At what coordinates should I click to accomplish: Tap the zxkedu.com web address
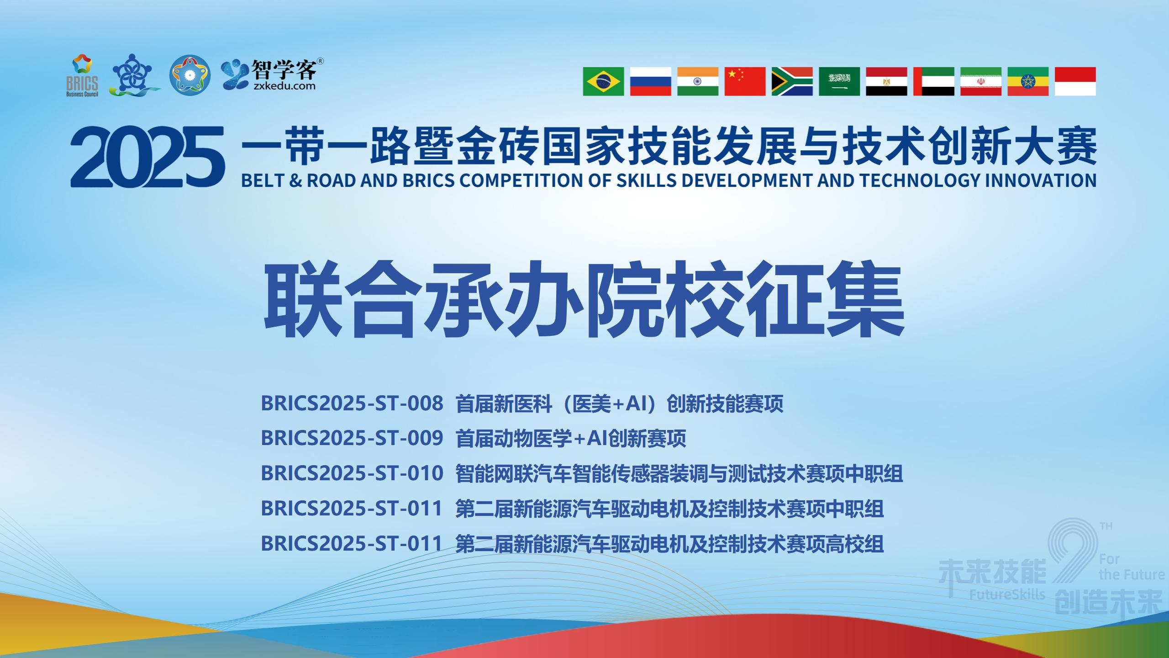click(x=284, y=85)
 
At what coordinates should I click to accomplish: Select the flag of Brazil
click(x=603, y=81)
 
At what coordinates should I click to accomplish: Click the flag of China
click(x=745, y=81)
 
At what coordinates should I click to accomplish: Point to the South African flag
click(x=792, y=81)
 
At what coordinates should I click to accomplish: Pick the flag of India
click(x=698, y=81)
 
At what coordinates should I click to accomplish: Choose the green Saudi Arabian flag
click(x=839, y=81)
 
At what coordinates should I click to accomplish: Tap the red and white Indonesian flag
click(x=1075, y=81)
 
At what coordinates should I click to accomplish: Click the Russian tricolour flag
click(x=651, y=81)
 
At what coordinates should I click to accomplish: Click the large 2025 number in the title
click(x=148, y=157)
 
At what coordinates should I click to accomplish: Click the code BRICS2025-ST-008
click(x=352, y=403)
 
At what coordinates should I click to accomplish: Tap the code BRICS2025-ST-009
click(x=352, y=438)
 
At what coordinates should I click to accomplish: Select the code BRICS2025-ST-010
click(x=352, y=473)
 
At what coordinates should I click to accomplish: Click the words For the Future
click(x=1132, y=567)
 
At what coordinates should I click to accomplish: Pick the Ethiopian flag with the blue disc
click(x=1028, y=81)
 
